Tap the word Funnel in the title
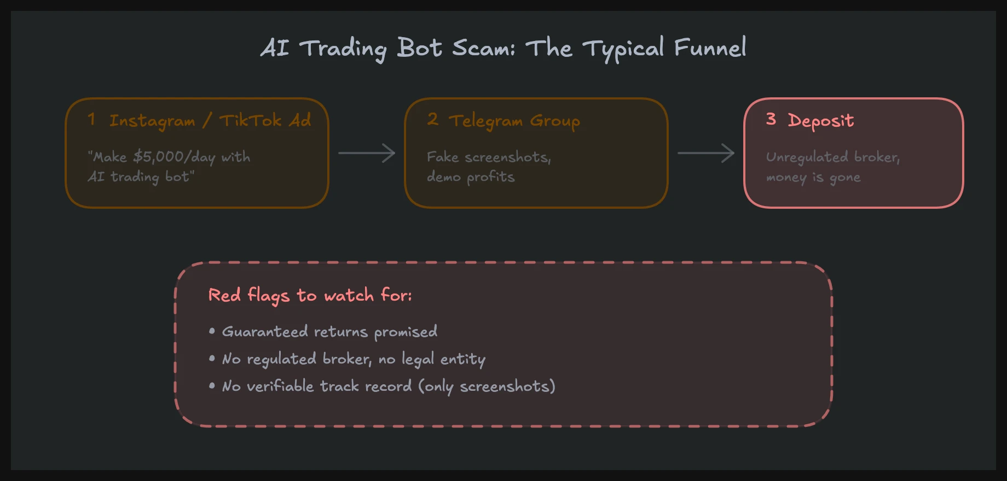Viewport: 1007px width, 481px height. pos(710,48)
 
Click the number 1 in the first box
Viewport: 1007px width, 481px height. pos(91,119)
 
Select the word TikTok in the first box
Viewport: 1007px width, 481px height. pos(251,120)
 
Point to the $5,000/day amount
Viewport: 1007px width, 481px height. pos(174,157)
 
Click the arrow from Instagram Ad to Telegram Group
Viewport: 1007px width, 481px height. pos(367,153)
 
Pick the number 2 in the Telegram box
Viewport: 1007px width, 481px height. pos(432,119)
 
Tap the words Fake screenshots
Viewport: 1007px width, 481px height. pos(489,157)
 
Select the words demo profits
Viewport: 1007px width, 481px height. pos(471,177)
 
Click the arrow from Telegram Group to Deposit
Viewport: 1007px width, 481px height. pos(706,153)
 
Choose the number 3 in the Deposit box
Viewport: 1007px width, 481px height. pos(771,119)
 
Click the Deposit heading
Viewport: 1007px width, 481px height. pos(820,121)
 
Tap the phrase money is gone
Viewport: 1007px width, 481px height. pos(813,177)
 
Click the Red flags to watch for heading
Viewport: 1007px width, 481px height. pos(310,295)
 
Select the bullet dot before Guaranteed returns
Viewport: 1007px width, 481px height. pos(212,331)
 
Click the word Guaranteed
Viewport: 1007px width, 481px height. pos(265,331)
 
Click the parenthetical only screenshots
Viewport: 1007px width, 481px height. pos(487,386)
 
